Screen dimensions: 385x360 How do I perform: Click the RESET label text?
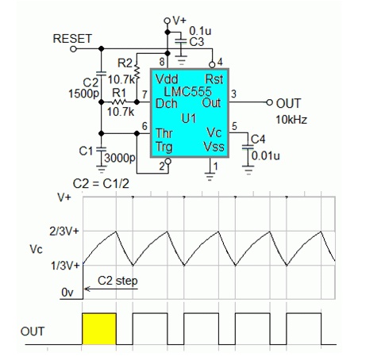(x=72, y=39)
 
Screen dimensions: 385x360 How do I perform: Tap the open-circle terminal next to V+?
(x=167, y=21)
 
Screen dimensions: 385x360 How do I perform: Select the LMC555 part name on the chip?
(x=188, y=91)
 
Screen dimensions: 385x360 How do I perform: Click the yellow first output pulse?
(x=99, y=329)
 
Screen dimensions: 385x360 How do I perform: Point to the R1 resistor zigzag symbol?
(x=119, y=101)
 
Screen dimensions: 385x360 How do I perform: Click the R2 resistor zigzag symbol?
(x=137, y=71)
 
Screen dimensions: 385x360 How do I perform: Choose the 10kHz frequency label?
(x=291, y=120)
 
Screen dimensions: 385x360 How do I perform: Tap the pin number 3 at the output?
(x=233, y=94)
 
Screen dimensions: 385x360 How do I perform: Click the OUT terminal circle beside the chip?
(x=269, y=102)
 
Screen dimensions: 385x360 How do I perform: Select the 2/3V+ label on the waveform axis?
(x=64, y=232)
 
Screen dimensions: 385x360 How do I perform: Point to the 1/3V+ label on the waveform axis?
(x=65, y=266)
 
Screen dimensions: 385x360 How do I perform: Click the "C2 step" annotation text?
(x=117, y=281)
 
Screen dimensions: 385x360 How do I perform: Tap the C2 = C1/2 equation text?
(x=101, y=183)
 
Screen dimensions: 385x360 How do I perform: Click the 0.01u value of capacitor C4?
(x=265, y=156)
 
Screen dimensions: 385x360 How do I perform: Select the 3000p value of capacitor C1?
(x=120, y=158)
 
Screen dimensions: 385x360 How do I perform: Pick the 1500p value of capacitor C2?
(x=83, y=94)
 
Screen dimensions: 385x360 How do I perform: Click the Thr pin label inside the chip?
(x=164, y=133)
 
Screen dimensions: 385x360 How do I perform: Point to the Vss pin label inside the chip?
(x=214, y=146)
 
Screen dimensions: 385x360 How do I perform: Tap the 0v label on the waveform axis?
(x=67, y=293)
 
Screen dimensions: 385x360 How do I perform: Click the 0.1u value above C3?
(x=200, y=31)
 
